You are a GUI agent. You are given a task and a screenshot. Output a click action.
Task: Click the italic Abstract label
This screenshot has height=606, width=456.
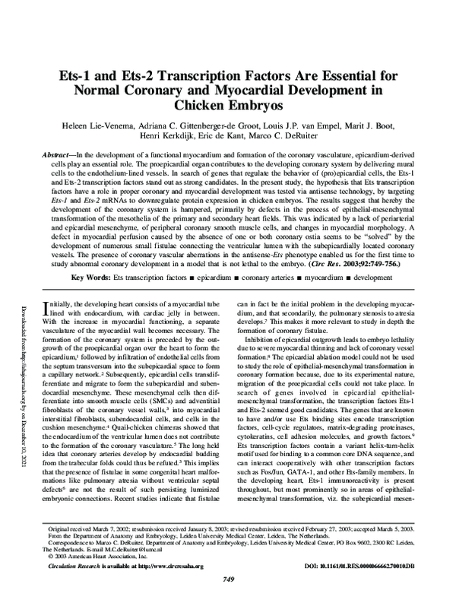pyautogui.click(x=57, y=154)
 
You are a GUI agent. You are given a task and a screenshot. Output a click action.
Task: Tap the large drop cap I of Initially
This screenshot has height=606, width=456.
pyautogui.click(x=51, y=304)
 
